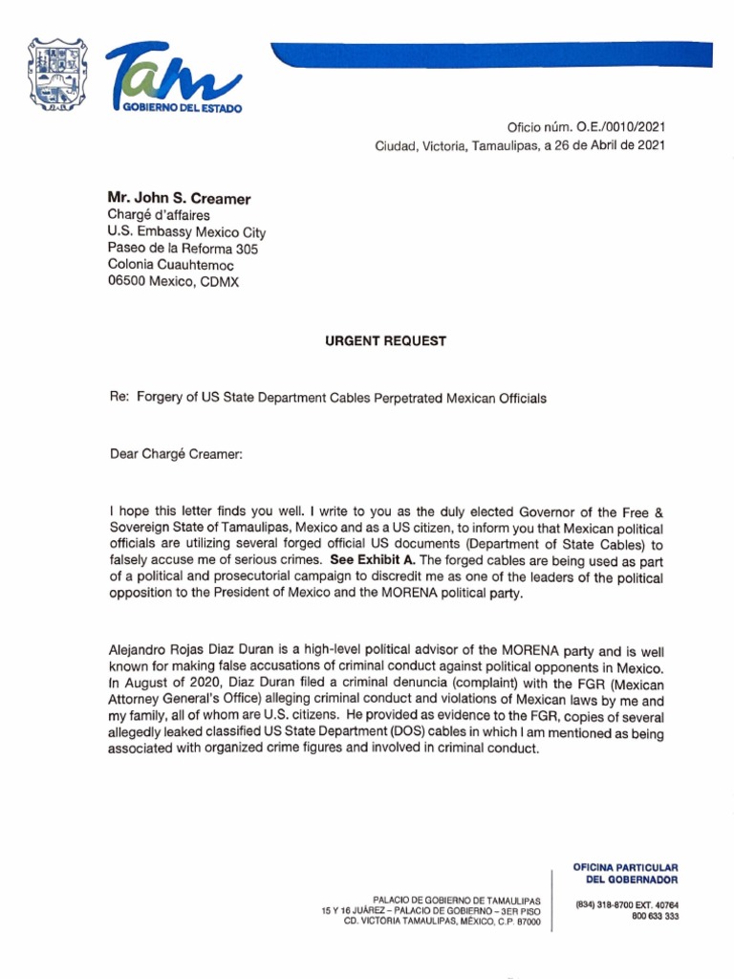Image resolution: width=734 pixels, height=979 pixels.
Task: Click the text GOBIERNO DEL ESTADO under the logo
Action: [182, 108]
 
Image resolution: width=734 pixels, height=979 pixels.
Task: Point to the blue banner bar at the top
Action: [497, 54]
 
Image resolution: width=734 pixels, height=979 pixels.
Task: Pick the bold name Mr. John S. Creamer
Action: [179, 199]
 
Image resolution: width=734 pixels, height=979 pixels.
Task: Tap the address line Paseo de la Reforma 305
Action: [183, 249]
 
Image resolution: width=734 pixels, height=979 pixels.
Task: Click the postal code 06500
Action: [127, 282]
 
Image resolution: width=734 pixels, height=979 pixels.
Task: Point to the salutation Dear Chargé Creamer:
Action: [177, 454]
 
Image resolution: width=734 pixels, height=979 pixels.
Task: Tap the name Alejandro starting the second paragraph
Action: [141, 649]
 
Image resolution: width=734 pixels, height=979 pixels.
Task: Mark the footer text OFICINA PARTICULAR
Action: [625, 866]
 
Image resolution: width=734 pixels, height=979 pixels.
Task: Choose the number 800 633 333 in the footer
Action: [655, 916]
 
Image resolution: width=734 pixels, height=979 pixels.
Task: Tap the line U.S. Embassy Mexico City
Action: [186, 232]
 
